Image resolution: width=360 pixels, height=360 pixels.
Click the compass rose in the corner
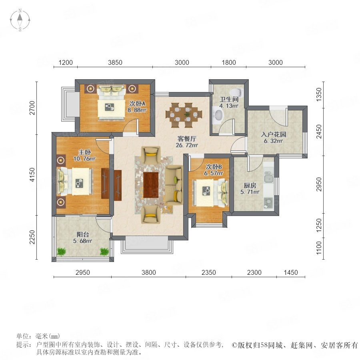point(20,20)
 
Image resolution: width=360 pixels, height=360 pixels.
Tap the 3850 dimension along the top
point(115,62)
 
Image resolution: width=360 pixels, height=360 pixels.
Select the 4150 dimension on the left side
point(32,174)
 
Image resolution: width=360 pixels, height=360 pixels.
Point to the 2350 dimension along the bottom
point(208,272)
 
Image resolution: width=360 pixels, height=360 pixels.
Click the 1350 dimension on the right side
point(319,94)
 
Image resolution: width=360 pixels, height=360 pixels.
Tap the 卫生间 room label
point(229,99)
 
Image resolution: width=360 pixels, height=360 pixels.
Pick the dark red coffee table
point(151,185)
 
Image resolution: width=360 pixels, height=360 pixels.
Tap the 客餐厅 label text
point(187,139)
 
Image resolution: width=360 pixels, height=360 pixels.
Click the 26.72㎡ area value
point(187,145)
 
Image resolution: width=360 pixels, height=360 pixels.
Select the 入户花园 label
point(274,134)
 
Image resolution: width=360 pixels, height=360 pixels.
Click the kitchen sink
point(268,178)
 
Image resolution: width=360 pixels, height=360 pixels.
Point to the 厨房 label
point(250,185)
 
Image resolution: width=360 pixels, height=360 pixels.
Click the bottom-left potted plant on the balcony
point(61,252)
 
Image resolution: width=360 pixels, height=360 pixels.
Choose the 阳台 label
point(83,234)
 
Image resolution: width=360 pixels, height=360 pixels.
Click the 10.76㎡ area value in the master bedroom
point(84,158)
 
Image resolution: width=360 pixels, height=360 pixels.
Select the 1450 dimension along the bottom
point(291,272)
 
